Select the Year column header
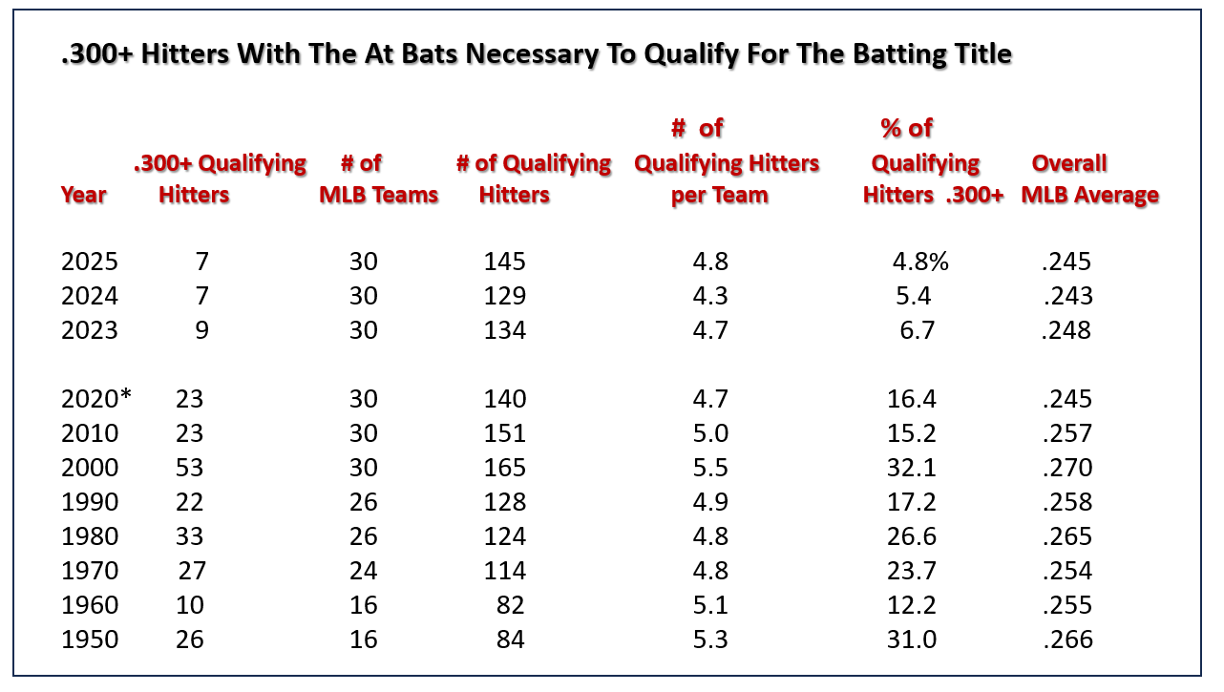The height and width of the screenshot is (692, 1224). (84, 195)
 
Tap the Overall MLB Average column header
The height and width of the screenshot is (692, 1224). (1089, 179)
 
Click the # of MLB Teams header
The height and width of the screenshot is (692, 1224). (379, 179)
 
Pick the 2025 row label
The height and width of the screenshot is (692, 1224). (90, 262)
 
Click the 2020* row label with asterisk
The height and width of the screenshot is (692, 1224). (96, 399)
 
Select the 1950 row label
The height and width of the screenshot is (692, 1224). (90, 640)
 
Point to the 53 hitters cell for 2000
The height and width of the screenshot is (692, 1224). (190, 468)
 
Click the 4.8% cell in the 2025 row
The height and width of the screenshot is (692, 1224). (920, 262)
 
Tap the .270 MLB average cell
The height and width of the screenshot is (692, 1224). (1066, 468)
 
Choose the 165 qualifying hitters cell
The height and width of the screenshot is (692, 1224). (504, 468)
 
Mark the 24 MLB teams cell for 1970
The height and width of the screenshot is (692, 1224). (364, 571)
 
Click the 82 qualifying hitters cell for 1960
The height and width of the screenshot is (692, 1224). (511, 605)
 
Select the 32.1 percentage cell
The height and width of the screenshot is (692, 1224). (912, 468)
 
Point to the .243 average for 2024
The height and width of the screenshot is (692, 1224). (1066, 296)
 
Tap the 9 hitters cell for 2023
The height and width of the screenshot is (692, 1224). (200, 330)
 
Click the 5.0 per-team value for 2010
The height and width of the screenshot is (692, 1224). (710, 433)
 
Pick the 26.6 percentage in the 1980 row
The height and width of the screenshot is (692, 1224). (912, 536)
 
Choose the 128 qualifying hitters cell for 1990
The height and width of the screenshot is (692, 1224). (504, 502)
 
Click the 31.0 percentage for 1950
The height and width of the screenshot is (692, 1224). (912, 640)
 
